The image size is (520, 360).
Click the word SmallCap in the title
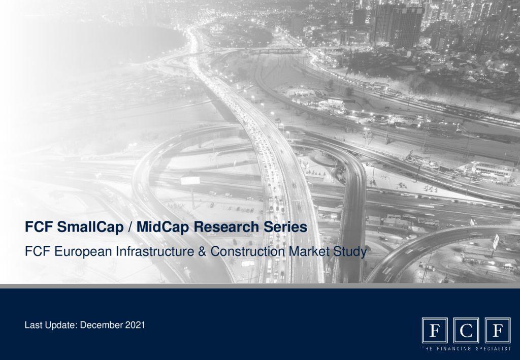90,227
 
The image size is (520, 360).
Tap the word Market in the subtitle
309,251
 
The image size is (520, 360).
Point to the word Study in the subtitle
350,252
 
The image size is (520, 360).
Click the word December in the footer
102,325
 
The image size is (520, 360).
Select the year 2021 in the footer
135,325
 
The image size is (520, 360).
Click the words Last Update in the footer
51,325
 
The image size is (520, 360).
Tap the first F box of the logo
435,331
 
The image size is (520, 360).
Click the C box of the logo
466,331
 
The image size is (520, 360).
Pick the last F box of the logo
498,331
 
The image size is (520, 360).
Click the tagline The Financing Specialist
466,349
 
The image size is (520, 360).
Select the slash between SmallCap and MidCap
130,227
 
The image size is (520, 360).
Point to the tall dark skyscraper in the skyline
397,25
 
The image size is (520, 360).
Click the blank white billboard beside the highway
190,180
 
